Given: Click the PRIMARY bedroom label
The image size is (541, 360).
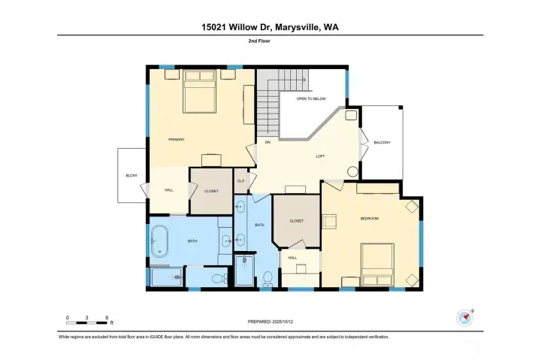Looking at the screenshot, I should pyautogui.click(x=177, y=140).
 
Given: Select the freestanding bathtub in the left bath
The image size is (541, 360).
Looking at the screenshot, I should pyautogui.click(x=160, y=241).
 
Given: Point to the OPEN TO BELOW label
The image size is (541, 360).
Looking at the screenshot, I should pyautogui.click(x=310, y=98).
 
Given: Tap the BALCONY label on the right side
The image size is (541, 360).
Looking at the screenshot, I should pyautogui.click(x=382, y=142).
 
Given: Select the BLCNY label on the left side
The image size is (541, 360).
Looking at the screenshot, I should pyautogui.click(x=131, y=176).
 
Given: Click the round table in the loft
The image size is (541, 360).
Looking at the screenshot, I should pyautogui.click(x=352, y=171).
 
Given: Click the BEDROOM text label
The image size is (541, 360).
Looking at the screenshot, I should pyautogui.click(x=369, y=219).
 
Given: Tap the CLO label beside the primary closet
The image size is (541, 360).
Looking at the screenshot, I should pyautogui.click(x=240, y=181).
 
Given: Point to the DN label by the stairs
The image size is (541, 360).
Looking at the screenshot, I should pyautogui.click(x=267, y=142).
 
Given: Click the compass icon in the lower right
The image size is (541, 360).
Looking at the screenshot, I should pyautogui.click(x=464, y=317).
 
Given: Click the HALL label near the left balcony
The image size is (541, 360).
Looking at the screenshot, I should pyautogui.click(x=169, y=190).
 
